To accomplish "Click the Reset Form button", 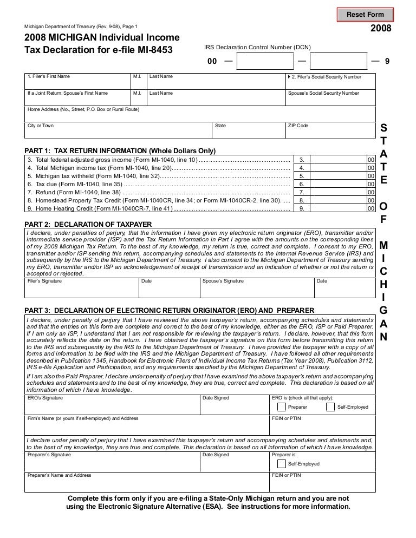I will pyautogui.click(x=365, y=14).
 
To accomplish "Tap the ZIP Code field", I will pyautogui.click(x=330, y=130).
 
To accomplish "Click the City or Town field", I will pyautogui.click(x=117, y=130).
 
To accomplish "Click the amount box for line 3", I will pyautogui.click(x=339, y=160).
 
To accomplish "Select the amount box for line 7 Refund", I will pyautogui.click(x=339, y=192).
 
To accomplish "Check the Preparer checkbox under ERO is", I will pyautogui.click(x=281, y=407).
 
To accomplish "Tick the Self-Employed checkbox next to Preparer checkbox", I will pyautogui.click(x=330, y=407).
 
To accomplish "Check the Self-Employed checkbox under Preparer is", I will pyautogui.click(x=281, y=464).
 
